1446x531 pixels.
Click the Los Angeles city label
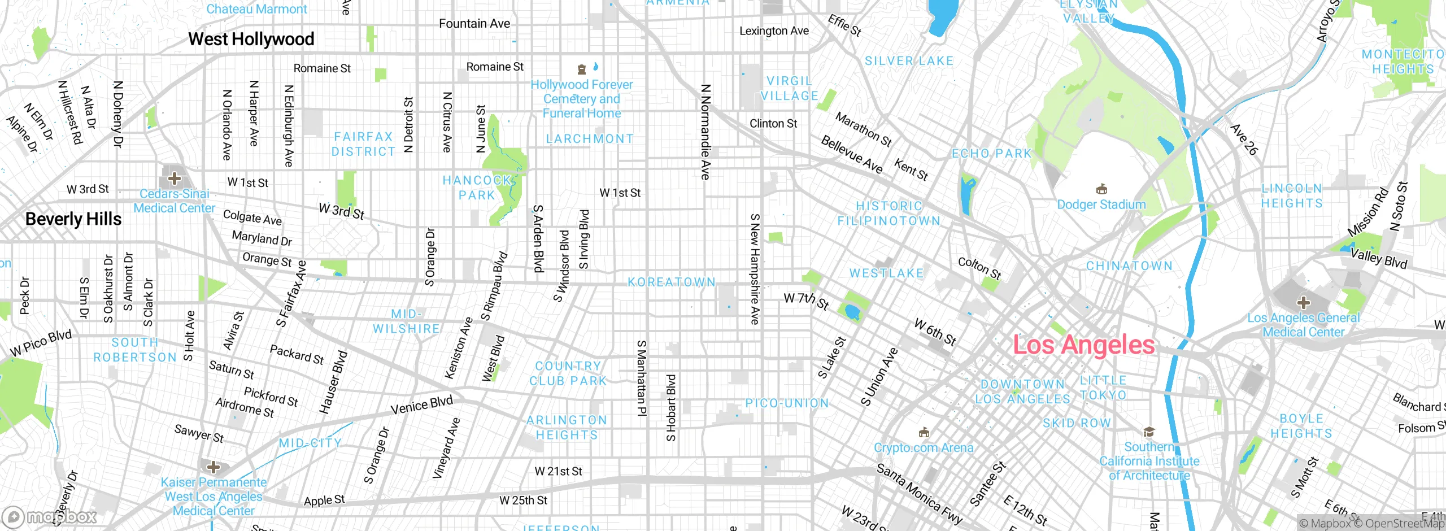click(x=1083, y=345)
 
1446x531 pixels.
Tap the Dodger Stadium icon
click(x=1101, y=189)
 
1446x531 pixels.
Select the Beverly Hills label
click(x=73, y=219)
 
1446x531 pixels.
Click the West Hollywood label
click(x=251, y=39)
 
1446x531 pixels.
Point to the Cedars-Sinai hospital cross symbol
click(x=175, y=179)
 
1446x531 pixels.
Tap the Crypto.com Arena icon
click(x=924, y=433)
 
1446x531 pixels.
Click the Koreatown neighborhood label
click(x=672, y=282)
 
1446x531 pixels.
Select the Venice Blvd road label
click(x=421, y=405)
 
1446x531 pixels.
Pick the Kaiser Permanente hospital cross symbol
click(x=214, y=467)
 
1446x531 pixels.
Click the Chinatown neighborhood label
click(x=1129, y=266)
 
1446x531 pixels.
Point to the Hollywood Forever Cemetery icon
click(x=581, y=69)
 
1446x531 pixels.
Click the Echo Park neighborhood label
click(x=991, y=154)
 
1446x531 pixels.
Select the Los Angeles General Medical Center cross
click(x=1303, y=302)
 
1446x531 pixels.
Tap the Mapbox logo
click(x=50, y=516)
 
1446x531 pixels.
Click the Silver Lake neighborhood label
click(x=909, y=61)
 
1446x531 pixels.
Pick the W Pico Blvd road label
click(x=41, y=343)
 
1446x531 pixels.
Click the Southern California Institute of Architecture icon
click(x=1148, y=432)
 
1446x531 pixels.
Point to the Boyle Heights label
click(x=1301, y=426)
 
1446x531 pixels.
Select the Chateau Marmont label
click(x=256, y=9)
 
